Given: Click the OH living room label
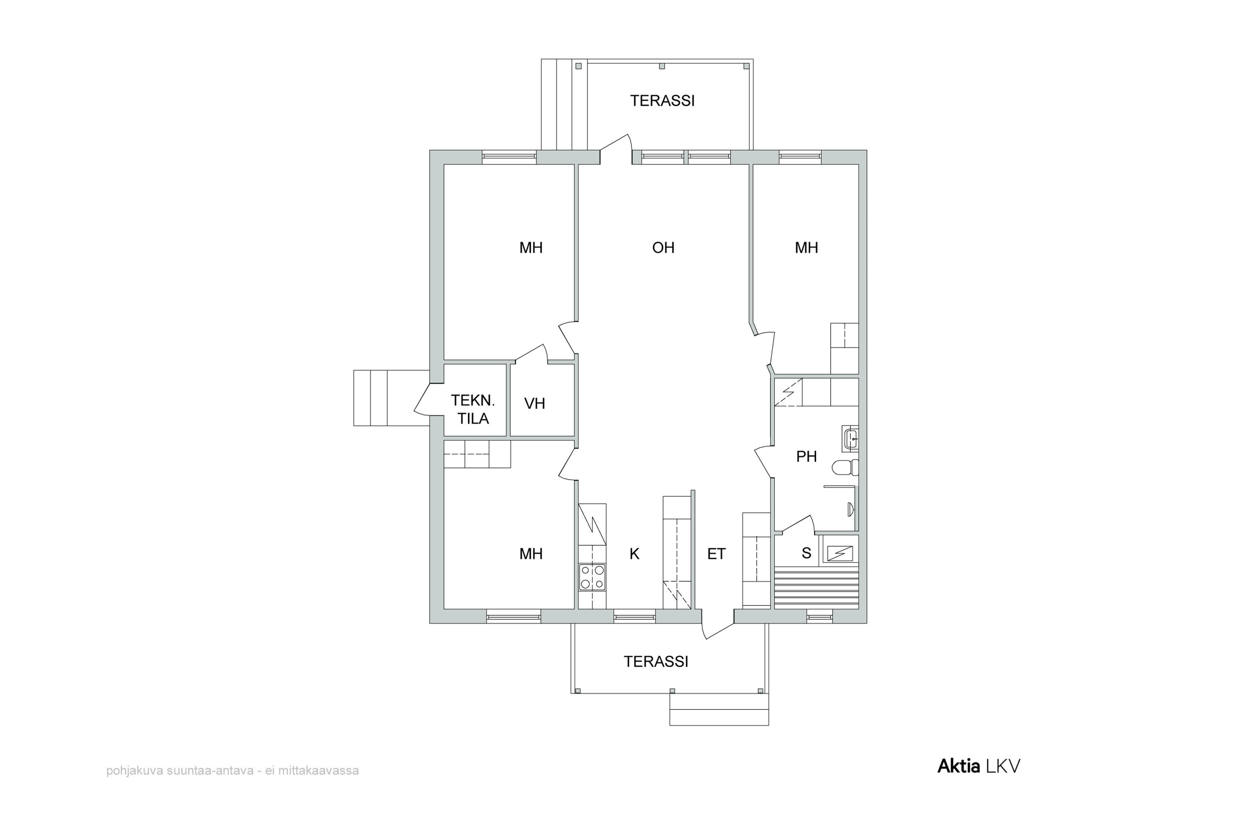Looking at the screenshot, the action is (663, 248).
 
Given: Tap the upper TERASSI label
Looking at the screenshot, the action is (662, 101).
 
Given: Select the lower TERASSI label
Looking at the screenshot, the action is (656, 662).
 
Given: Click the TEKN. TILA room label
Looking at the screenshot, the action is (473, 409).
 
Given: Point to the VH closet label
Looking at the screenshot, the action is (535, 403).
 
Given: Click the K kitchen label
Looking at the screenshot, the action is (635, 554).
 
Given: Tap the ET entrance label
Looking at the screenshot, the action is (717, 554).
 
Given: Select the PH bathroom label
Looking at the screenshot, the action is (806, 457).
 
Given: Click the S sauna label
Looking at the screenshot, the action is (806, 554).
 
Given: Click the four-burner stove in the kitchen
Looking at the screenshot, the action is (592, 578).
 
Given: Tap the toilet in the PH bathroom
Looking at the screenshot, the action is (845, 467).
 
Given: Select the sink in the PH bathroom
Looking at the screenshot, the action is (850, 439).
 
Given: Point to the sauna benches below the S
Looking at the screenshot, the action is (817, 587).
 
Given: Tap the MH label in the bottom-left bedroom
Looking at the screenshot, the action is (531, 554).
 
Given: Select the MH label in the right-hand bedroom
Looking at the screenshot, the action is (806, 248).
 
